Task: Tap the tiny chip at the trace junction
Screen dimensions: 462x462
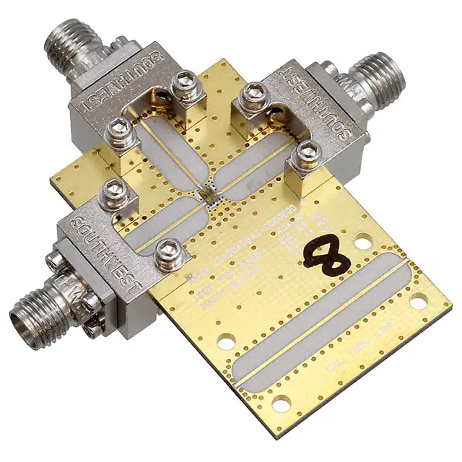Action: tap(209, 193)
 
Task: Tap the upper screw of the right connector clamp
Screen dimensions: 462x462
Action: tap(251, 94)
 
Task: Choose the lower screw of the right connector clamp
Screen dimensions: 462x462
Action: tap(310, 152)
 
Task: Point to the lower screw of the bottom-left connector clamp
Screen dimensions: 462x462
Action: tap(168, 250)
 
